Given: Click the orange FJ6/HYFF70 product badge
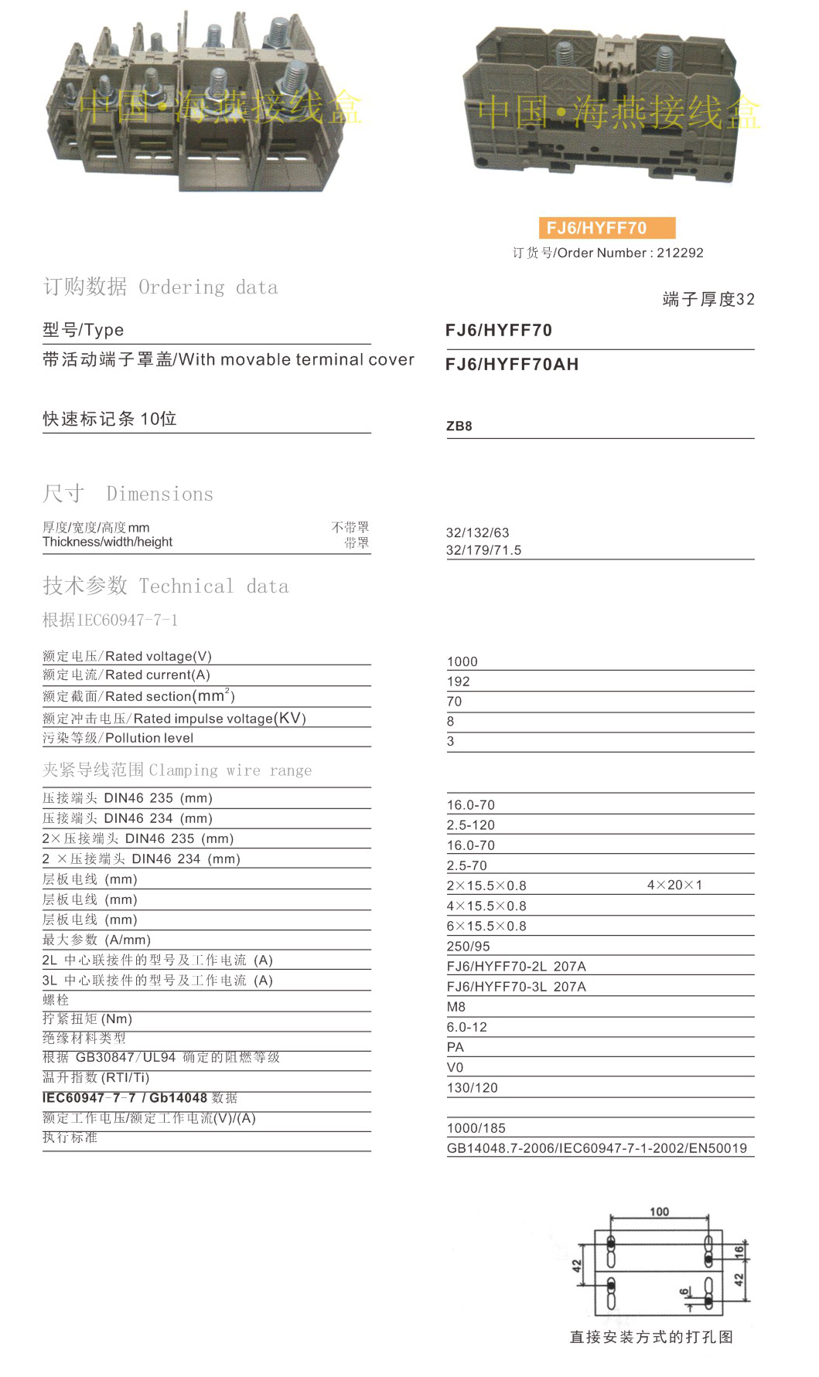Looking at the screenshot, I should (x=606, y=228).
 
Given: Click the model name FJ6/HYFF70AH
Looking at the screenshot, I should (x=512, y=365).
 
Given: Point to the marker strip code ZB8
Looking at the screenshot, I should (x=459, y=426).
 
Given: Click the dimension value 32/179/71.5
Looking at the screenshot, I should (x=484, y=550).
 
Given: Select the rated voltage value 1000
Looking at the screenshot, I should (x=462, y=661).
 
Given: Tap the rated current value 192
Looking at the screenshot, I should (x=459, y=682).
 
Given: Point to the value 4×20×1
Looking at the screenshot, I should (x=674, y=885).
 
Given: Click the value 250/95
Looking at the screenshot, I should (x=469, y=947).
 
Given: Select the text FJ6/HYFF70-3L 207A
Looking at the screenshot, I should (x=517, y=987).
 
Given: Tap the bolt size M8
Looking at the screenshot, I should (x=456, y=1007).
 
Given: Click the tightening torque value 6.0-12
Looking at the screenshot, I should (x=467, y=1027).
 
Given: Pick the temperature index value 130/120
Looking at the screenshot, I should (x=473, y=1088).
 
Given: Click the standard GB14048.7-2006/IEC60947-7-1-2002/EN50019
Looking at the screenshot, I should (x=597, y=1148).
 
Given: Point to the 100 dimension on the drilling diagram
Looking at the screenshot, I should (x=660, y=1211).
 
